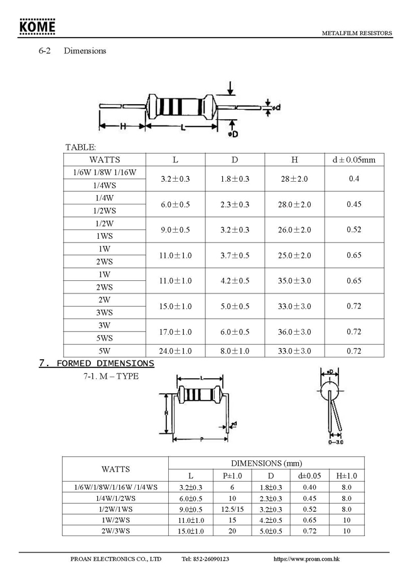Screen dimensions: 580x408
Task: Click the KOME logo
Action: [x=37, y=28]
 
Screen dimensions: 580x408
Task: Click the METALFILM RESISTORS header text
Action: [x=357, y=33]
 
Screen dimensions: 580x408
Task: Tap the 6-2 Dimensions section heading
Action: [x=72, y=51]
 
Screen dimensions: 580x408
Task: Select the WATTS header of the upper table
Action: [x=105, y=160]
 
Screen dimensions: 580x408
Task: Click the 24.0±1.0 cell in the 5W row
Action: [x=175, y=351]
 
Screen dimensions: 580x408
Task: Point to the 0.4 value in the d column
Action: [x=353, y=179]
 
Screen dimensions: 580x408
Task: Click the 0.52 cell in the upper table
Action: [x=353, y=230]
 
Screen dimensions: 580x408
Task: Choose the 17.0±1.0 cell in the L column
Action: [x=175, y=332]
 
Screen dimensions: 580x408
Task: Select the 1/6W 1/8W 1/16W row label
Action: [x=105, y=172]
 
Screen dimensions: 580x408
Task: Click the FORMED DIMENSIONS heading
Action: [x=97, y=363]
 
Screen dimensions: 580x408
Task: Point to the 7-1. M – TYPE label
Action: [x=110, y=376]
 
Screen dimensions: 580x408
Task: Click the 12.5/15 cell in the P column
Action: [x=232, y=509]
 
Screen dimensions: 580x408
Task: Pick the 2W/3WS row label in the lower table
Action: [x=115, y=531]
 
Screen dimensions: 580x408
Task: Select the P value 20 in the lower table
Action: [x=232, y=531]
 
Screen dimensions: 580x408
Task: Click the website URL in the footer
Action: [x=308, y=558]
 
